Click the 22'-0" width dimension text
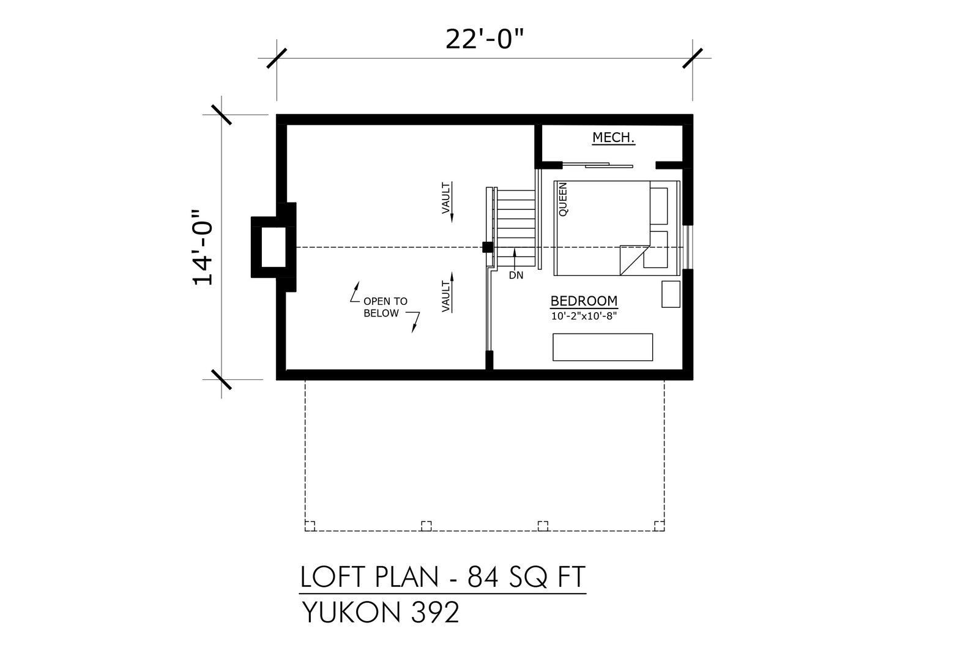(x=484, y=40)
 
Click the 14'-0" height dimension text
(x=203, y=247)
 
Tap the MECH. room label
(x=613, y=138)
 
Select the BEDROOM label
(x=584, y=301)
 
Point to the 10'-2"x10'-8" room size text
(x=584, y=316)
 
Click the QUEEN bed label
(x=563, y=200)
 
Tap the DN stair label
(x=516, y=275)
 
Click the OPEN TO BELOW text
(x=385, y=307)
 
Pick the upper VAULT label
(x=446, y=198)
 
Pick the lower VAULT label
(x=446, y=296)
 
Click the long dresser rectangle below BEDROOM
(x=603, y=348)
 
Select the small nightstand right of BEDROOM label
(x=671, y=294)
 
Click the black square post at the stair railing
(x=488, y=247)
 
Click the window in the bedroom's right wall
(x=688, y=247)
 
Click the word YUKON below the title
(x=351, y=613)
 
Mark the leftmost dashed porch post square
(x=310, y=526)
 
